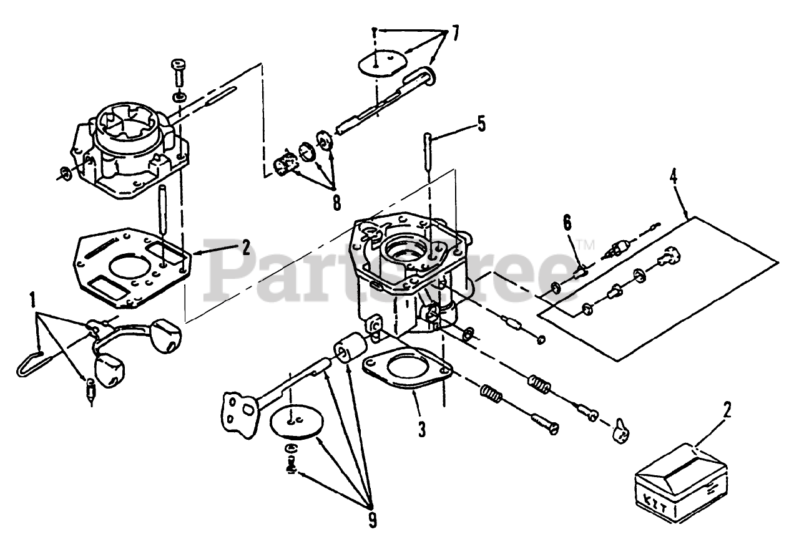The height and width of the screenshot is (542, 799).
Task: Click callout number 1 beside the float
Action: pos(33,304)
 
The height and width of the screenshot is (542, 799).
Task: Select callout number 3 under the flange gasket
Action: pos(422,429)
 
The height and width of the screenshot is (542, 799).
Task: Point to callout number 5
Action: pos(480,124)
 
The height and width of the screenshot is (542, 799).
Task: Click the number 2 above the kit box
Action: pos(727,410)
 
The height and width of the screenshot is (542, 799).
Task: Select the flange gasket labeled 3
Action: pos(407,372)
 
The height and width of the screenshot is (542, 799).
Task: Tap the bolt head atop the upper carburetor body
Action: pos(177,65)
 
